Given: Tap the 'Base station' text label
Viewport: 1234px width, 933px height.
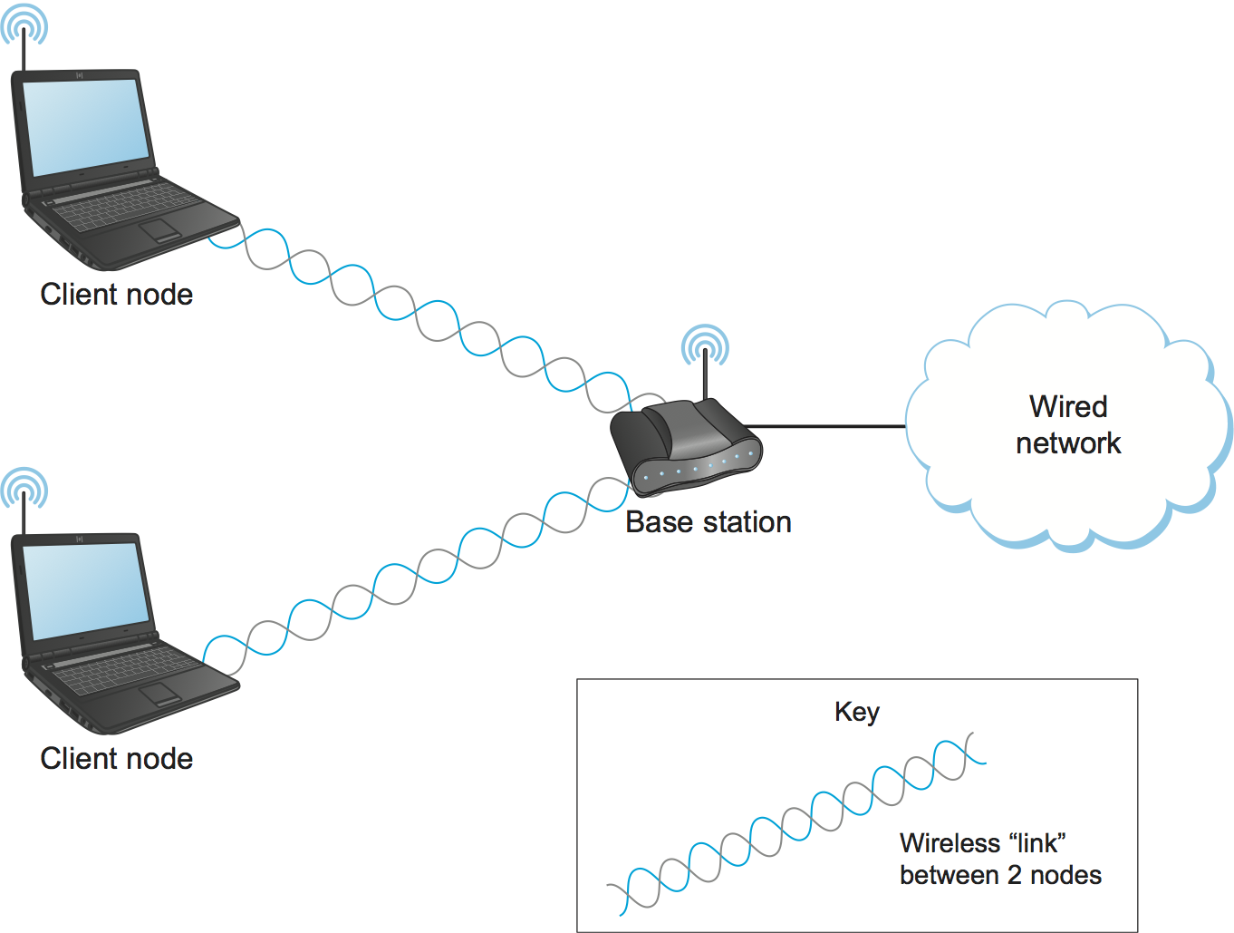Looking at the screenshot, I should point(709,522).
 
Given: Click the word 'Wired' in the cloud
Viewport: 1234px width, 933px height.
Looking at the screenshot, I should point(1068,406).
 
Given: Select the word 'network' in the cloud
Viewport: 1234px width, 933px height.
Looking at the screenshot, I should point(1068,443).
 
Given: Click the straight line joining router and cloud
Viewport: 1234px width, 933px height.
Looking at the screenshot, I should point(824,426).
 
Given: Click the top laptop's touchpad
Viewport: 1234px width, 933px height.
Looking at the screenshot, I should point(159,228).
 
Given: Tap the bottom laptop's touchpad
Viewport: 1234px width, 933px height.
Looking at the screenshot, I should point(159,694).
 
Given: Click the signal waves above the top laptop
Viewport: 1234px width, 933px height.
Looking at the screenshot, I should point(24,24).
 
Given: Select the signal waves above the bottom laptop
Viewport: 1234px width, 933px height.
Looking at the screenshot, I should point(24,488).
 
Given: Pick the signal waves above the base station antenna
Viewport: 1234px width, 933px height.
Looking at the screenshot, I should point(705,345).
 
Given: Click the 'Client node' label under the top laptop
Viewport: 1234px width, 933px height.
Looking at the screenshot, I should point(117,295).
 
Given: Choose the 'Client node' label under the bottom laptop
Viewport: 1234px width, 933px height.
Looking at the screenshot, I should point(117,759).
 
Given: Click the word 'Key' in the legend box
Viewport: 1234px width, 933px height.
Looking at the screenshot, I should point(857,713).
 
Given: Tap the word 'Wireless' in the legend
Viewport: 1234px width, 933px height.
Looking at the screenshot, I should point(950,843).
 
